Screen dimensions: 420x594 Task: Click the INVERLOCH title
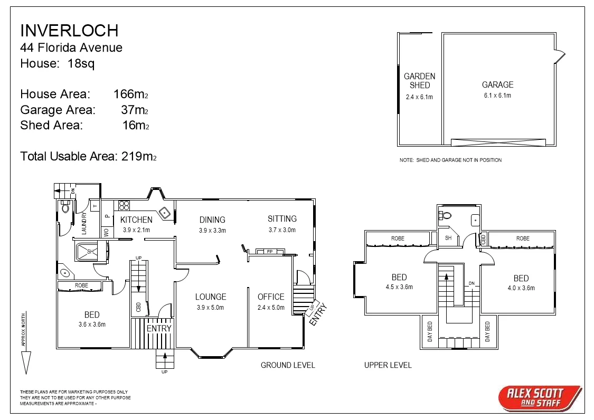pos(69,30)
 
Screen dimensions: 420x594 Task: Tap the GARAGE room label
pos(497,84)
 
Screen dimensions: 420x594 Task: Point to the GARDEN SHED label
pos(419,80)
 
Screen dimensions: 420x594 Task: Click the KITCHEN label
pos(136,219)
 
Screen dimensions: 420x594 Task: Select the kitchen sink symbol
pos(165,213)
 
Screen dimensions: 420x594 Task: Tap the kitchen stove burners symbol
pos(125,205)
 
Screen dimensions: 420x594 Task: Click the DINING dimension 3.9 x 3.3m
pos(212,231)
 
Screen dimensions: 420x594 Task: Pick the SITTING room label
pos(282,218)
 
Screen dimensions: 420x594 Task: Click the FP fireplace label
pos(269,251)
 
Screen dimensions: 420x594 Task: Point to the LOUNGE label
pos(211,297)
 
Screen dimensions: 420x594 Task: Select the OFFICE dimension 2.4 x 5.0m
pos(271,308)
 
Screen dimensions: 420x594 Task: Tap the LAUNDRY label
pos(84,223)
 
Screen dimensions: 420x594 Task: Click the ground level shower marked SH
pos(90,251)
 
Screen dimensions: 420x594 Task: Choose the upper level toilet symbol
pos(447,215)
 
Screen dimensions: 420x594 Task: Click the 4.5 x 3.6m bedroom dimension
pos(399,287)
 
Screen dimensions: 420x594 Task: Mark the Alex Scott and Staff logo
pos(539,397)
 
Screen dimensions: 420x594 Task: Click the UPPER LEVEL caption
pos(388,365)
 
